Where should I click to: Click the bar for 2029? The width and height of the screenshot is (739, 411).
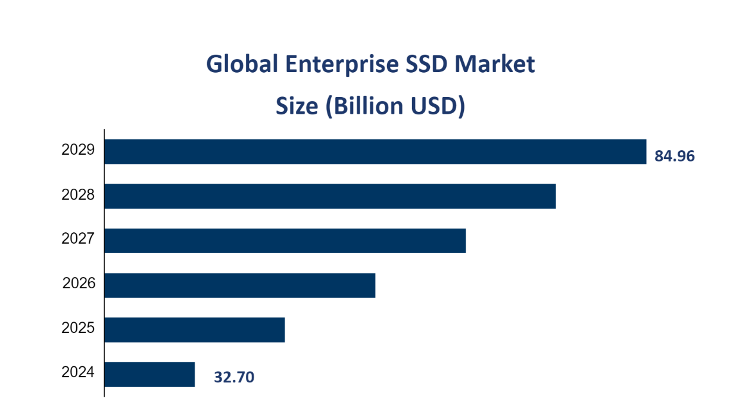375,151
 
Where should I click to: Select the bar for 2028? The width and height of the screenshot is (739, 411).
330,196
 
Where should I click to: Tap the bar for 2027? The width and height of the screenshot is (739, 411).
285,240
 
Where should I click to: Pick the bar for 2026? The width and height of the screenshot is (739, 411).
239,285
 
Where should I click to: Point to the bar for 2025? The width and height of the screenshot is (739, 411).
194,329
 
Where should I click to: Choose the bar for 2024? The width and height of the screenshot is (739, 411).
149,374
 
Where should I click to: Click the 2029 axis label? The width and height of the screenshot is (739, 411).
78,150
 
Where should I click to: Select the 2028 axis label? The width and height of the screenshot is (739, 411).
78,194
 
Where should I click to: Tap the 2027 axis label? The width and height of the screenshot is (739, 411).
78,239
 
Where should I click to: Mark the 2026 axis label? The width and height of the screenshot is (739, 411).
79,283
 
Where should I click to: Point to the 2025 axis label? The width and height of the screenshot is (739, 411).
78,328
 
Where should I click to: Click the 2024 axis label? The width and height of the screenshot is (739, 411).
78,372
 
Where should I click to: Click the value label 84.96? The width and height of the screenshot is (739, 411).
675,156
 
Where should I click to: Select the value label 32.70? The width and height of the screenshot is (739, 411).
234,377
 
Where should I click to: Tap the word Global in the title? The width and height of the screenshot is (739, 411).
242,64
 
